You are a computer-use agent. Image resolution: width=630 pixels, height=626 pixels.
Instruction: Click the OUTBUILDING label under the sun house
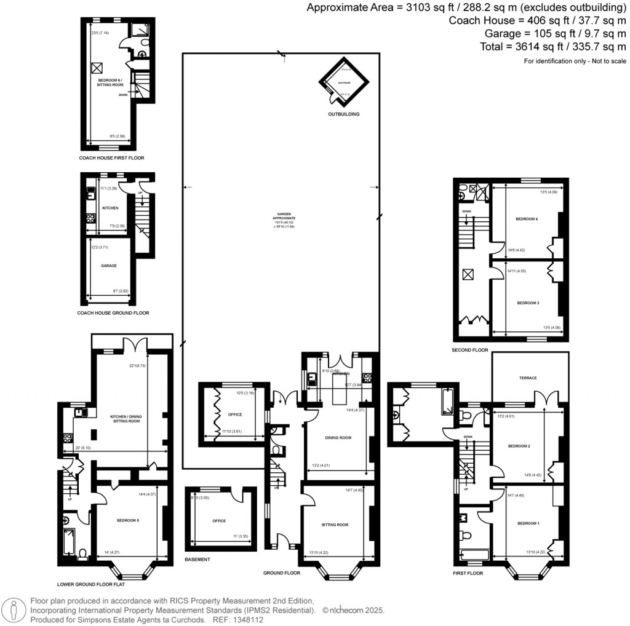[343, 114]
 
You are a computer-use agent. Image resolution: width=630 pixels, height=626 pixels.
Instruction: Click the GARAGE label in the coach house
[109, 266]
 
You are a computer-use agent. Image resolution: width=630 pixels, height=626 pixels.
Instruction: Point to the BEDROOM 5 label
[128, 521]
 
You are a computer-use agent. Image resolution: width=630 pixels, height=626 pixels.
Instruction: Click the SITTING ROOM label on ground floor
[335, 525]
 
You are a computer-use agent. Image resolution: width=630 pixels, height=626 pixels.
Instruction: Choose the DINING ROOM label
[338, 438]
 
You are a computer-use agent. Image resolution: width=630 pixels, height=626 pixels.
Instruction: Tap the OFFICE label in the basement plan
[219, 521]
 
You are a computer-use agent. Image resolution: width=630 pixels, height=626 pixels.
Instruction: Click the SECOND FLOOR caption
[469, 351]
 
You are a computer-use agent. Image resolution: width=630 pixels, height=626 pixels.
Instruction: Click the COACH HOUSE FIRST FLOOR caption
[111, 158]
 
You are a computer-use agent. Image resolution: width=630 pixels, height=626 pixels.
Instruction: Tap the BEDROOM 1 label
[528, 523]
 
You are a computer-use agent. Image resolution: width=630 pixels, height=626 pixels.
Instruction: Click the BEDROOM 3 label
[528, 303]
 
